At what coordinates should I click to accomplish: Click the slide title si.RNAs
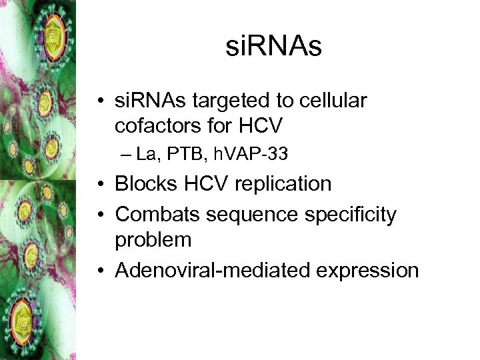click(273, 47)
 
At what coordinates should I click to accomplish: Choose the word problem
click(154, 239)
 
